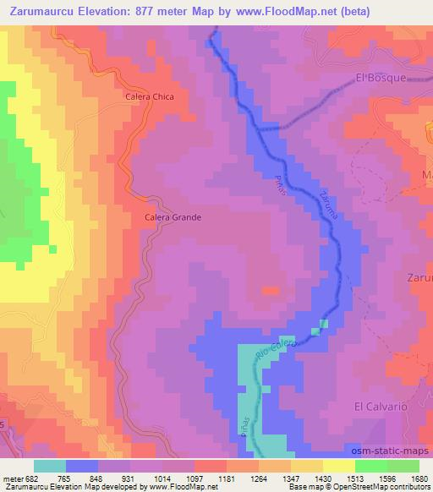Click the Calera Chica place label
[149, 96]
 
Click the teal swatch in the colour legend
[50, 466]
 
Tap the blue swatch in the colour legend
[82, 466]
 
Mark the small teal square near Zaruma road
[323, 325]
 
